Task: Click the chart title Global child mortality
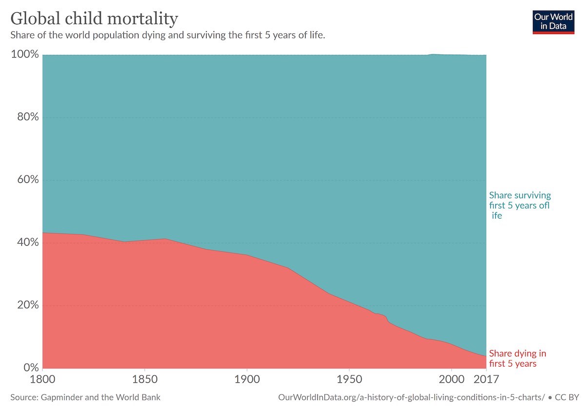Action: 94,19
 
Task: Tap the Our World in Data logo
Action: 553,22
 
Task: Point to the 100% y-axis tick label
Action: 25,54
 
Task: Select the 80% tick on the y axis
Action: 28,117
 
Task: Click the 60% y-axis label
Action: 28,179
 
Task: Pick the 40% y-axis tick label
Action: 28,242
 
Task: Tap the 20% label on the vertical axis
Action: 28,305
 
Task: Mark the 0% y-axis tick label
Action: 31,368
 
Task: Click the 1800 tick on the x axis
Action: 42,379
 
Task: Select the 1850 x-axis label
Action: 145,379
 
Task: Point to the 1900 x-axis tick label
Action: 247,379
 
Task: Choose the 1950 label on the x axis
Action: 349,379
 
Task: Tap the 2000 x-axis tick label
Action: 451,379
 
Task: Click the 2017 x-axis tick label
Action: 486,379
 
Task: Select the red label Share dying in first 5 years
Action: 518,358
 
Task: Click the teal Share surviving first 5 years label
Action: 520,205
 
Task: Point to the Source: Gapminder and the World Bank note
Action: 85,397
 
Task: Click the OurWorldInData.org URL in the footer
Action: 411,397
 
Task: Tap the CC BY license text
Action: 567,397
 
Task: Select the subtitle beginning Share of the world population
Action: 168,35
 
